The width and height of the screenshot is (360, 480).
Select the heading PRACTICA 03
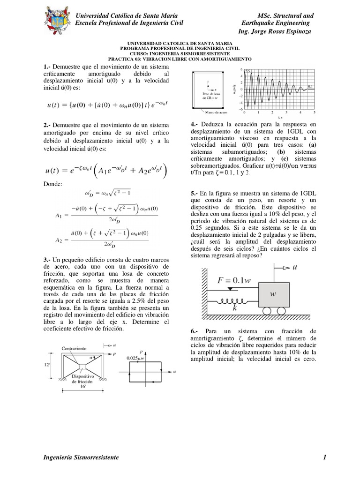(180, 59)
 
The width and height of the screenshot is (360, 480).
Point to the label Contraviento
(75, 349)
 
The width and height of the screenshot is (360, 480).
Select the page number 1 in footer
(324, 457)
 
